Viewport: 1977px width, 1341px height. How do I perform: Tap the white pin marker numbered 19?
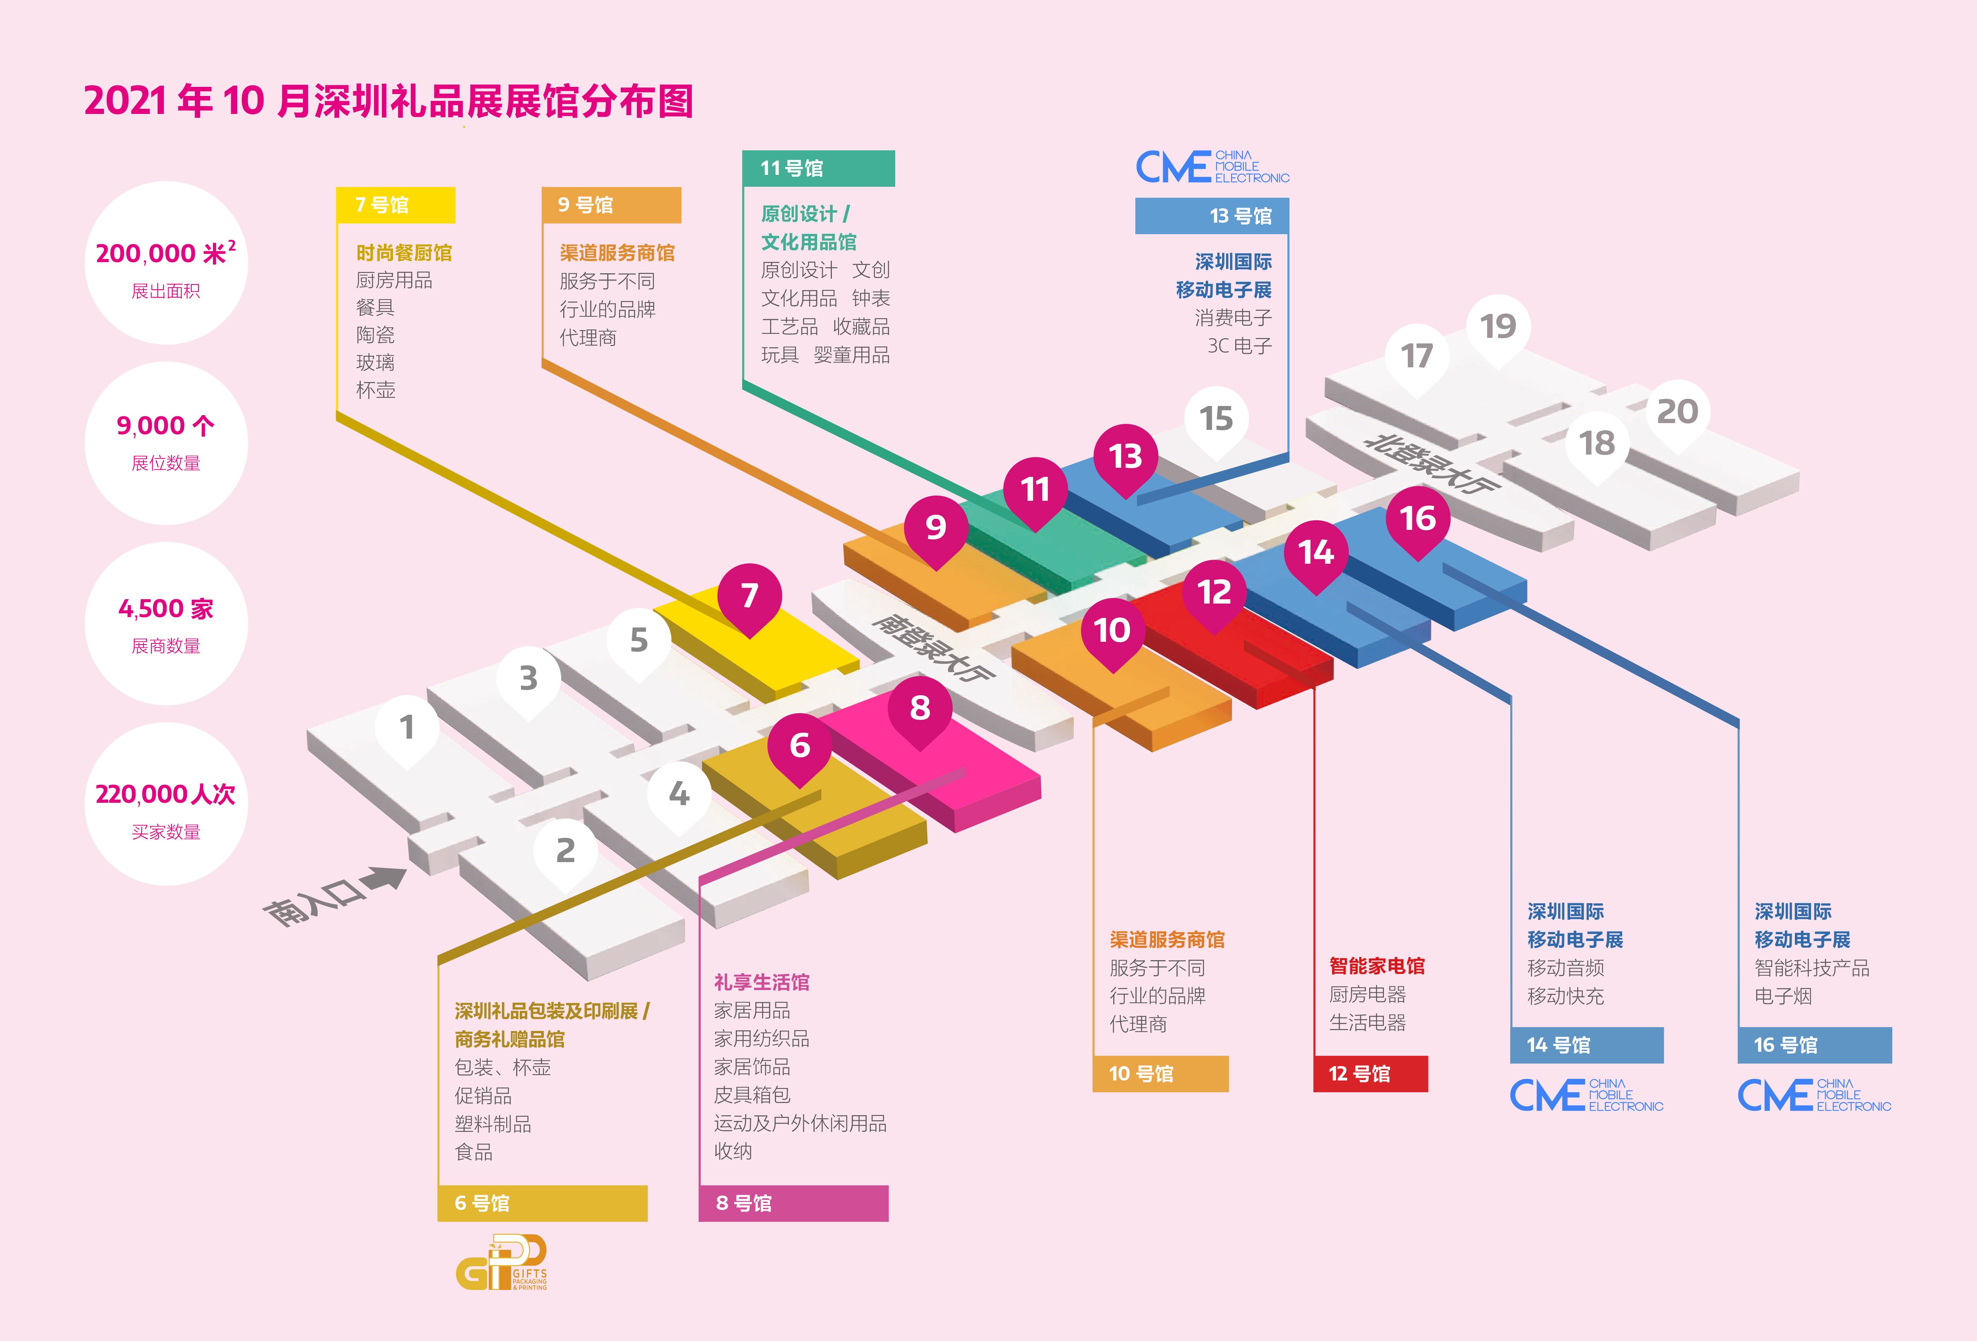(1498, 327)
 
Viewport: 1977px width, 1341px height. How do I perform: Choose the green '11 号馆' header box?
(818, 169)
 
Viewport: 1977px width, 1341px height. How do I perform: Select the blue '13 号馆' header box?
(1211, 216)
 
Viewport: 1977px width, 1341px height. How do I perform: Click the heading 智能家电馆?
(1376, 966)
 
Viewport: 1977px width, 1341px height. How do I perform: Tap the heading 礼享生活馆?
(761, 982)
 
